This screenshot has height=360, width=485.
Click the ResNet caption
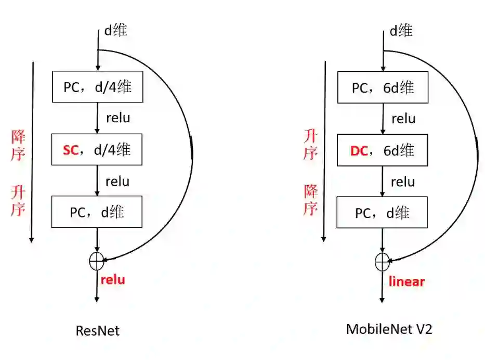click(x=97, y=330)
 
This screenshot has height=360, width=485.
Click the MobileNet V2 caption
click(x=389, y=329)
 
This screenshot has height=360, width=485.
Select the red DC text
click(x=359, y=151)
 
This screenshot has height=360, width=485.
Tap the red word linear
click(x=407, y=281)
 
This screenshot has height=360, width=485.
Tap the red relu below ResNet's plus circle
click(x=113, y=279)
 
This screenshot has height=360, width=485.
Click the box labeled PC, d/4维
click(x=97, y=87)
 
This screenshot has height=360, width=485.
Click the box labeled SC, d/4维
click(x=97, y=150)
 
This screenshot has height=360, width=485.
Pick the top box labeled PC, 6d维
click(x=383, y=87)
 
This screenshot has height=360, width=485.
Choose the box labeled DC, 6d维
click(x=383, y=151)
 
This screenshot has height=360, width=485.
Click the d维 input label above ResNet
click(x=115, y=30)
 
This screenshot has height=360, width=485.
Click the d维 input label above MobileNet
click(x=401, y=31)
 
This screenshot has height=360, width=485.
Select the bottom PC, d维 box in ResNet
click(x=97, y=212)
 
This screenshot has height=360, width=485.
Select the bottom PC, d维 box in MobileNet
click(x=383, y=212)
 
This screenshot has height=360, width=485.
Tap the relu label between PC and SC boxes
click(x=118, y=118)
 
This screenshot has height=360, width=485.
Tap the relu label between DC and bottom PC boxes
click(x=403, y=182)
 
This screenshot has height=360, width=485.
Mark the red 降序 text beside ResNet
click(x=19, y=146)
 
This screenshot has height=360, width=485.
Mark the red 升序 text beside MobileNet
click(x=311, y=145)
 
